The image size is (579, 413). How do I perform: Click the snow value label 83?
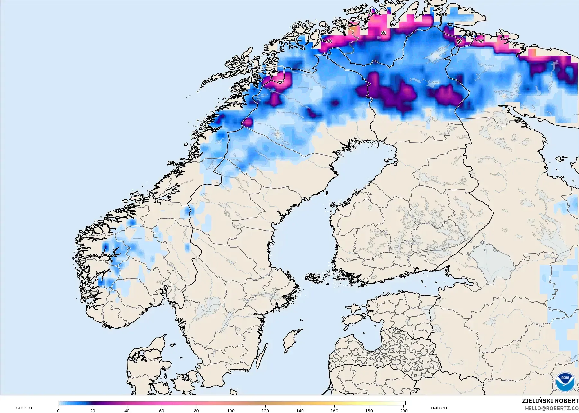pyautogui.click(x=384, y=33)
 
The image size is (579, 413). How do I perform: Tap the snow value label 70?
pyautogui.click(x=329, y=41)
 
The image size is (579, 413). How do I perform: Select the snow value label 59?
pyautogui.click(x=459, y=41)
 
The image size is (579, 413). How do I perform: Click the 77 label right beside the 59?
pyautogui.click(x=481, y=41)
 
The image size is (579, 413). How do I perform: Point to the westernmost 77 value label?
pyautogui.click(x=281, y=82)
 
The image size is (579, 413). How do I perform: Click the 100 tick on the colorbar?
pyautogui.click(x=231, y=410)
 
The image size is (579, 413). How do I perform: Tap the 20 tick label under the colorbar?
pyautogui.click(x=93, y=410)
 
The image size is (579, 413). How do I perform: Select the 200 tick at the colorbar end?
pyautogui.click(x=403, y=410)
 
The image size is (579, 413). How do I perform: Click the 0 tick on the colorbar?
pyautogui.click(x=58, y=410)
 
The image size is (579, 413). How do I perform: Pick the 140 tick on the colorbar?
pyautogui.click(x=300, y=410)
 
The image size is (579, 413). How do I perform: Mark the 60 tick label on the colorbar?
pyautogui.click(x=162, y=410)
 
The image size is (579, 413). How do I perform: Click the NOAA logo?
pyautogui.click(x=565, y=382)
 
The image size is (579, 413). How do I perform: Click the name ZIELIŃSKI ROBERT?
pyautogui.click(x=550, y=401)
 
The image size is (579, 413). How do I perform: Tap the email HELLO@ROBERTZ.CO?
pyautogui.click(x=552, y=408)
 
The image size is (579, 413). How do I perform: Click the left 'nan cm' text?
pyautogui.click(x=23, y=408)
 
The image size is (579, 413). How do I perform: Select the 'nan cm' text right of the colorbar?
pyautogui.click(x=439, y=408)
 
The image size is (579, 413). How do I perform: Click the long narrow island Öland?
pyautogui.click(x=262, y=356)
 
